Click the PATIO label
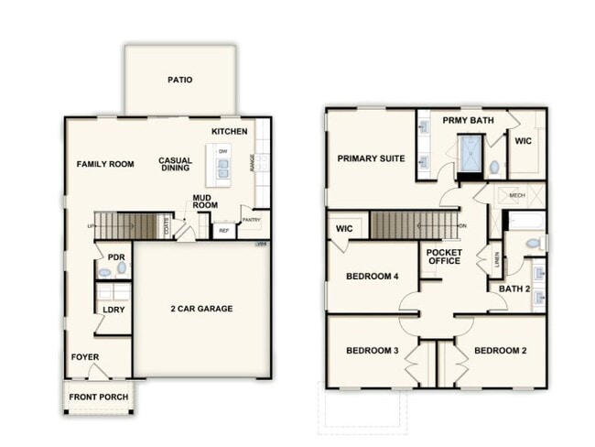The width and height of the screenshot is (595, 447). tap(180, 80)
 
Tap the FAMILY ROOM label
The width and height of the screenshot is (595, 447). tap(105, 165)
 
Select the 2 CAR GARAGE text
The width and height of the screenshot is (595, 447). tap(201, 309)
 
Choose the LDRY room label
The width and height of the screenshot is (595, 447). tap(114, 310)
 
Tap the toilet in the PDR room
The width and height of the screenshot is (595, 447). tap(104, 272)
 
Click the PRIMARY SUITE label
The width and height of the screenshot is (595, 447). tap(371, 158)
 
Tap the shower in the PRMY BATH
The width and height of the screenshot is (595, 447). tap(471, 153)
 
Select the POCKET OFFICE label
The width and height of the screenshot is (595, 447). tap(445, 257)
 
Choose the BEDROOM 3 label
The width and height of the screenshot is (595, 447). tap(370, 351)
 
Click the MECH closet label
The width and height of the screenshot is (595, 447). tap(517, 195)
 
